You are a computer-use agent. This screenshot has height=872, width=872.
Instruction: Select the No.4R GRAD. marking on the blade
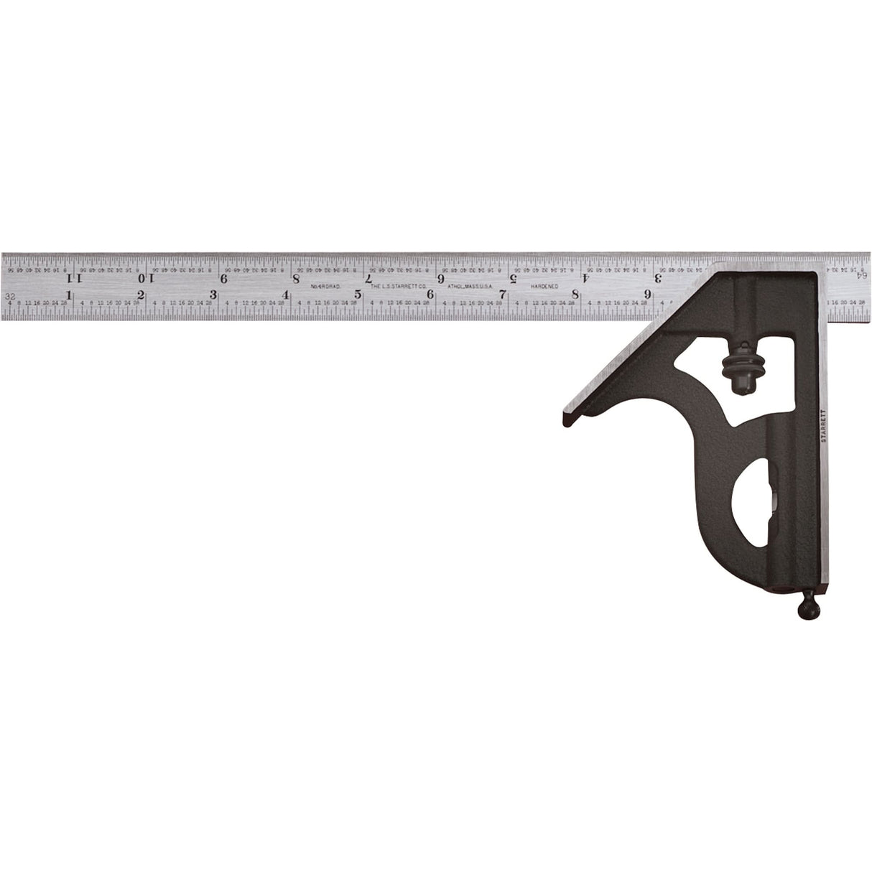tap(325, 286)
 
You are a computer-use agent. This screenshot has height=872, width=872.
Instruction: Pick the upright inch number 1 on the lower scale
tap(69, 294)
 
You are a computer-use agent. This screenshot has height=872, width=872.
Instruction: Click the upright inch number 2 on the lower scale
tap(141, 294)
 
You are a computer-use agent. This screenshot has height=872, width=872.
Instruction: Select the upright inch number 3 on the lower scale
tap(213, 294)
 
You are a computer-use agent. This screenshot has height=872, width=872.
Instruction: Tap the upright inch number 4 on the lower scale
tap(286, 294)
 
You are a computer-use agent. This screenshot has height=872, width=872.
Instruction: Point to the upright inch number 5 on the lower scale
tap(358, 294)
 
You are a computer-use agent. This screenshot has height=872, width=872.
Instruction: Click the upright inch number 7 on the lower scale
tap(503, 294)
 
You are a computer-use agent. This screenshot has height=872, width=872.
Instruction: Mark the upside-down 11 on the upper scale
tap(73, 277)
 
